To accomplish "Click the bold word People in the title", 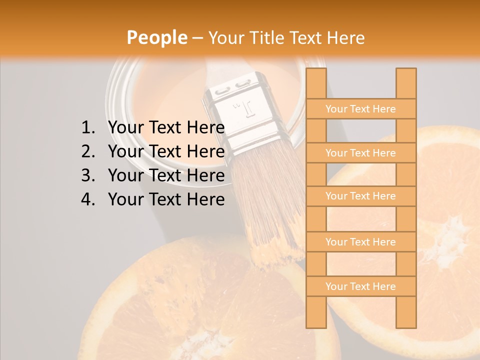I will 156,37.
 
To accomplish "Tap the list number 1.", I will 87,128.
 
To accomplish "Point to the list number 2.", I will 87,151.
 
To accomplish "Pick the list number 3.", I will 87,175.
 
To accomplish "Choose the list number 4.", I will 87,199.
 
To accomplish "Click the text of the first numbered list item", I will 166,128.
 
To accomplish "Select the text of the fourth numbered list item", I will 166,199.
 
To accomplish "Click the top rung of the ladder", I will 360,109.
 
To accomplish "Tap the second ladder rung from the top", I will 360,153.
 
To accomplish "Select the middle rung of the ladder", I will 360,196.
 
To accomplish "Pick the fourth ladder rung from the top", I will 360,242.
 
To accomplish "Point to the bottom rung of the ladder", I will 360,286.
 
